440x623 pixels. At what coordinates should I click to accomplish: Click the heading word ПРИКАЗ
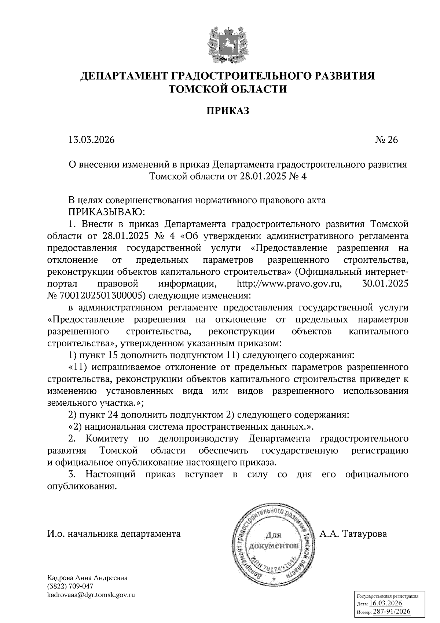pos(227,110)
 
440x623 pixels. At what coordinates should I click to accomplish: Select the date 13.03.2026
pos(91,140)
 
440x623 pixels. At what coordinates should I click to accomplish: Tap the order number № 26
pos(386,140)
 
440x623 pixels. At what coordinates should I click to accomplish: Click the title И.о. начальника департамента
pos(114,533)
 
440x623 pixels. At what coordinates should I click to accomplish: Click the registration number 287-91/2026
pos(391,612)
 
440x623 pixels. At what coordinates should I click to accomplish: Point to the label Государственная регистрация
pos(388,596)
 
